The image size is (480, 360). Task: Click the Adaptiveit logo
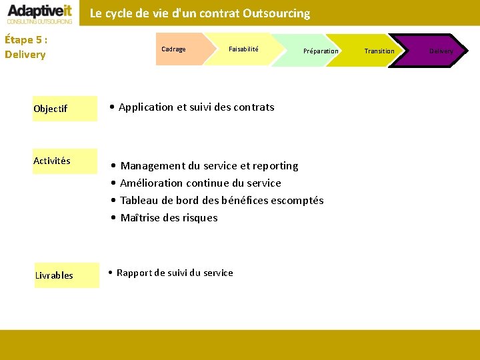pyautogui.click(x=40, y=13)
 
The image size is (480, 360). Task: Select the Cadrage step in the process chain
pyautogui.click(x=174, y=49)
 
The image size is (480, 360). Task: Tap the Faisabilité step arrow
pyautogui.click(x=243, y=49)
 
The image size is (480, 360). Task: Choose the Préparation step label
pyautogui.click(x=321, y=51)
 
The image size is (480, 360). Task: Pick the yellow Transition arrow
pyautogui.click(x=379, y=51)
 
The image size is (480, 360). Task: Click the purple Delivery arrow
pyautogui.click(x=441, y=51)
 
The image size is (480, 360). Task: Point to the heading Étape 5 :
pyautogui.click(x=25, y=39)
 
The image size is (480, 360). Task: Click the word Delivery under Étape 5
pyautogui.click(x=25, y=55)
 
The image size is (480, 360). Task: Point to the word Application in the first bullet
pyautogui.click(x=147, y=107)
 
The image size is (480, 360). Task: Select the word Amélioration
pyautogui.click(x=151, y=183)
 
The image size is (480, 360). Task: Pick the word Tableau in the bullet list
pyautogui.click(x=139, y=201)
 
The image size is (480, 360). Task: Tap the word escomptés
pyautogui.click(x=298, y=201)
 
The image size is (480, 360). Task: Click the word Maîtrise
pyautogui.click(x=140, y=218)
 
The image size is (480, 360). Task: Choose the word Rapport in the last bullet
pyautogui.click(x=135, y=273)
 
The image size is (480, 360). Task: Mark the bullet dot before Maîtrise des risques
pyautogui.click(x=115, y=218)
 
